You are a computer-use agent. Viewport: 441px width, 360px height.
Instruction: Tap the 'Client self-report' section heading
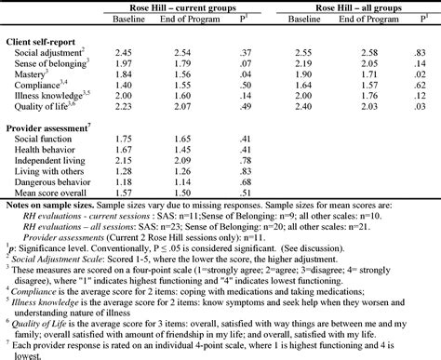point(44,43)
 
